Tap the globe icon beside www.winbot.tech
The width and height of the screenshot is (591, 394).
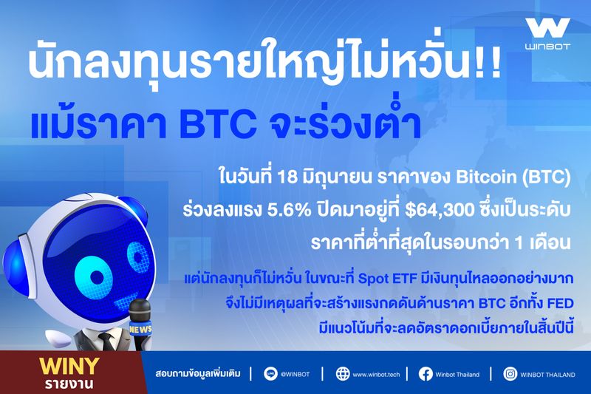coord(343,374)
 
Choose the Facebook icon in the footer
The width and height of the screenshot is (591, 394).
coord(426,374)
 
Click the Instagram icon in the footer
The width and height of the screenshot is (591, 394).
coord(510,374)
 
